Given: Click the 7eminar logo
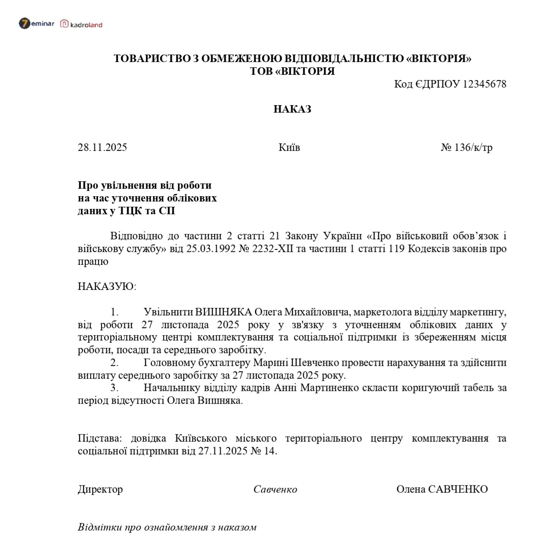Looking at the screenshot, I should [x=37, y=24].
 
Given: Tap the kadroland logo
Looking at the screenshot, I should [x=81, y=24].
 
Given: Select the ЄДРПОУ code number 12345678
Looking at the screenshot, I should [x=485, y=84].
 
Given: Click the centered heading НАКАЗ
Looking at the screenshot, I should [x=292, y=109].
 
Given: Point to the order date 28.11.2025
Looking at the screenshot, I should [x=102, y=147].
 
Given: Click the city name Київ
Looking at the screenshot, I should [x=289, y=147].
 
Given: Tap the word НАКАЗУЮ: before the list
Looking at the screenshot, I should [x=107, y=287].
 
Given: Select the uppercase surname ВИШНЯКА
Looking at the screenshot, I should [x=223, y=312].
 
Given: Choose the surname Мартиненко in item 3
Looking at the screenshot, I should [x=329, y=388].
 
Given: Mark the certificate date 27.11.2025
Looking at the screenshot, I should [x=224, y=451].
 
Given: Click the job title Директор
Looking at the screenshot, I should [x=100, y=489].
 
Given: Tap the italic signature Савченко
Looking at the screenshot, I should [x=275, y=489].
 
